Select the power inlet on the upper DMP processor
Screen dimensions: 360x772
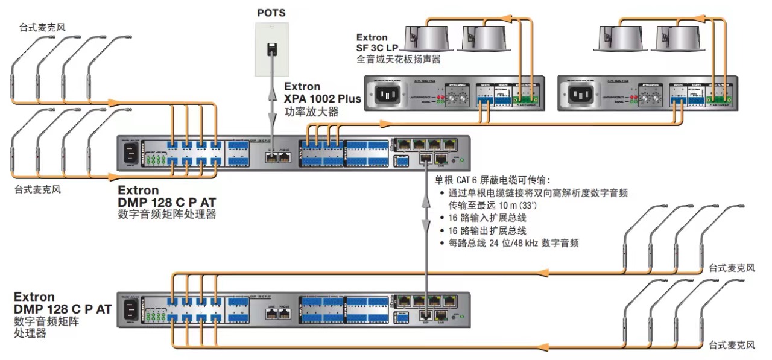tap(130, 153)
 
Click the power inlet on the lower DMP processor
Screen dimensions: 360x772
tap(130, 309)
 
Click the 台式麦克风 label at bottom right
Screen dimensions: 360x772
tap(732, 346)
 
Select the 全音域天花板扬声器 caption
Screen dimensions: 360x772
tap(398, 59)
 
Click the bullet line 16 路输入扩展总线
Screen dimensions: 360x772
tap(487, 218)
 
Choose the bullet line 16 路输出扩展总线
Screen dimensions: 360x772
tap(487, 230)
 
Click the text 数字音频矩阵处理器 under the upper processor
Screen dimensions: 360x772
tap(167, 214)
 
